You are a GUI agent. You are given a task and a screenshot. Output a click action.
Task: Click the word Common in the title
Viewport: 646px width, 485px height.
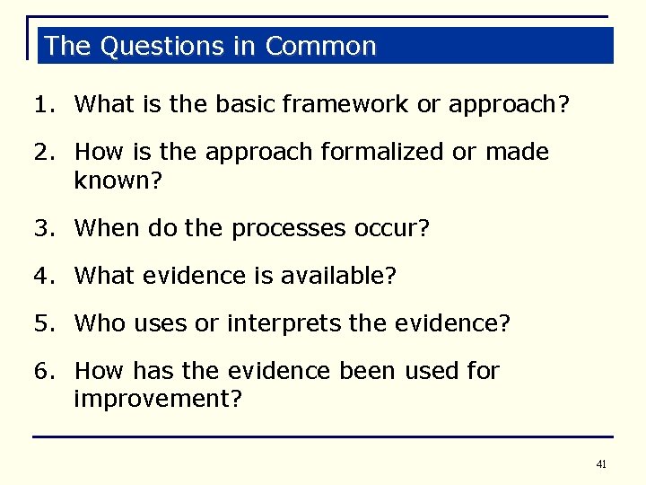coord(321,46)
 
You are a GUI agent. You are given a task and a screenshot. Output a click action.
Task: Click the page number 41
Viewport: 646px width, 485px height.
coord(600,464)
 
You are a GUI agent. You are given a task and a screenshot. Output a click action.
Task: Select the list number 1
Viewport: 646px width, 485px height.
coord(41,104)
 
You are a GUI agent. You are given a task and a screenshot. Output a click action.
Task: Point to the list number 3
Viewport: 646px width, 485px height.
coord(41,229)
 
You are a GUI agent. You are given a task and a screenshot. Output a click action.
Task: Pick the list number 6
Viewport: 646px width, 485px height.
coord(41,370)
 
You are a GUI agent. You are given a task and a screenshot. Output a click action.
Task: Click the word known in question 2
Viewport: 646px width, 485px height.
coord(113,181)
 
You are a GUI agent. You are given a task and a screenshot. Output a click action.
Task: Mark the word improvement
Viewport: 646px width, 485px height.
coord(153,399)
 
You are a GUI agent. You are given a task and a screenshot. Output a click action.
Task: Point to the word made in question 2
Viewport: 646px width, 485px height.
coord(517,152)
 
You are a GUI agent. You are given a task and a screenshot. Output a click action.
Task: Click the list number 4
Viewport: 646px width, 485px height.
coord(41,277)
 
